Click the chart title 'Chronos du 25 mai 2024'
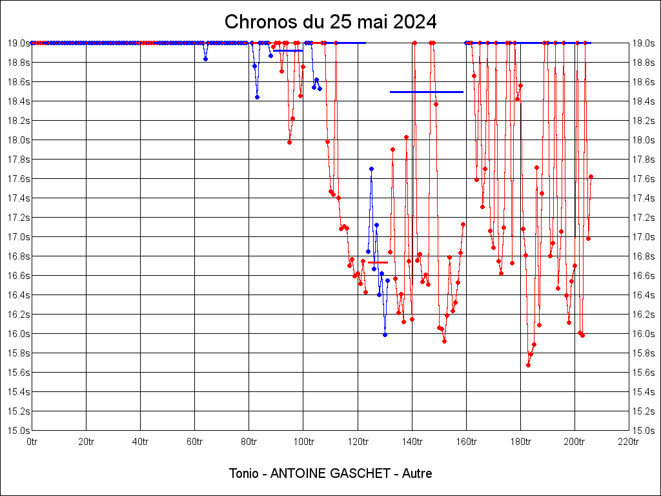(x=330, y=22)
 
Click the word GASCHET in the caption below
(x=361, y=473)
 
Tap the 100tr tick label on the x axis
(x=303, y=442)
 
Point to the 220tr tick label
(x=628, y=442)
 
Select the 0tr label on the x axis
(x=32, y=442)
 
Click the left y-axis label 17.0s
(x=18, y=237)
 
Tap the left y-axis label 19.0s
(x=18, y=43)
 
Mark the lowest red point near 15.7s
(x=528, y=365)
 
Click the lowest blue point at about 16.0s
(x=385, y=335)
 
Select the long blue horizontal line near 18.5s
(x=426, y=92)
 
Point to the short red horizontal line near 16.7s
(x=378, y=262)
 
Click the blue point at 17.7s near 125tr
(x=371, y=169)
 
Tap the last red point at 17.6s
(x=591, y=176)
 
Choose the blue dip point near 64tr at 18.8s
(x=205, y=59)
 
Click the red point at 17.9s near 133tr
(x=392, y=149)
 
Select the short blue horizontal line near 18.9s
(x=288, y=50)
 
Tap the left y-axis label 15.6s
(x=18, y=373)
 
